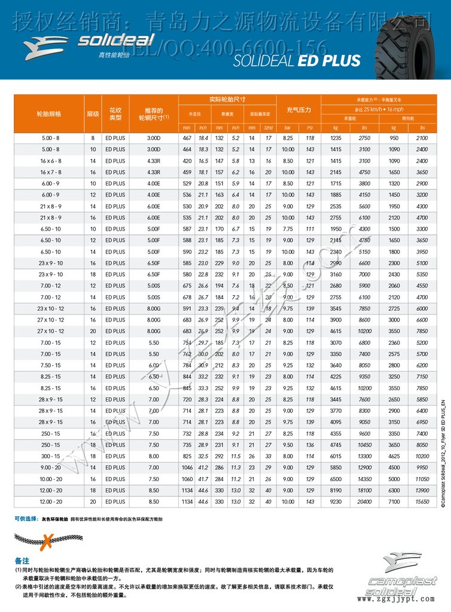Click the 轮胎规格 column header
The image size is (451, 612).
(x=50, y=113)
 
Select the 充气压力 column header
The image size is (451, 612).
(x=298, y=111)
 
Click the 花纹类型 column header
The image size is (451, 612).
(x=115, y=113)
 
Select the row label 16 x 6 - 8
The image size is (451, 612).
(x=50, y=161)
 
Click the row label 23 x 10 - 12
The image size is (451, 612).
(x=50, y=308)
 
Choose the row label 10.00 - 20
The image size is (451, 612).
(x=50, y=478)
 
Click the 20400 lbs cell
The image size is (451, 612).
(x=364, y=501)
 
